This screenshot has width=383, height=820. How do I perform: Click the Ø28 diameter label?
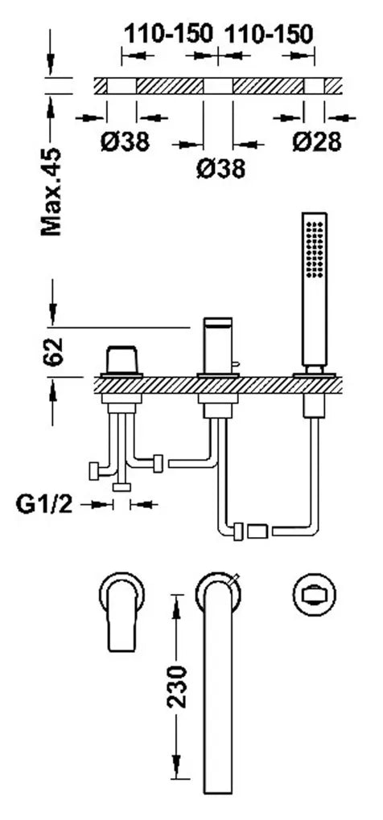[x=316, y=141]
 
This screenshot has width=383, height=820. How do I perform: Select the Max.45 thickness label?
[x=51, y=191]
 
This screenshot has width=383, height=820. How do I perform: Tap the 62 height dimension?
[x=52, y=351]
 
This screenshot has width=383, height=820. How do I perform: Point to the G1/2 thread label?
[x=44, y=505]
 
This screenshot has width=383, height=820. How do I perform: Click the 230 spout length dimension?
[x=177, y=687]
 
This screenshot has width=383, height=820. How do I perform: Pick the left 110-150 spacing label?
[x=168, y=34]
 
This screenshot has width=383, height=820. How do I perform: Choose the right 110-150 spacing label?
[x=269, y=34]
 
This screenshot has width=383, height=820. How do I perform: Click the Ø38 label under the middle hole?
[x=220, y=169]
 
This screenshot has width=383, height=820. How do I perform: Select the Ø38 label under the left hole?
[x=125, y=141]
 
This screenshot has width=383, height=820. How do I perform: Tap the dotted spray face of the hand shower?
[x=315, y=248]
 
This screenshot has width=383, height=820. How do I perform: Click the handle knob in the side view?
[x=121, y=359]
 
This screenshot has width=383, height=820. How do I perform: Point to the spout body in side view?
[x=218, y=345]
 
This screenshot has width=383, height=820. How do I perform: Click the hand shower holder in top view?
[x=314, y=594]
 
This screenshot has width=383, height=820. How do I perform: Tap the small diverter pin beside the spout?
[x=236, y=363]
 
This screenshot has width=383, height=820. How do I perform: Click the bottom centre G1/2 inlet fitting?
[x=121, y=487]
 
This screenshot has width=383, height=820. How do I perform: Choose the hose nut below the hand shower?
[x=314, y=407]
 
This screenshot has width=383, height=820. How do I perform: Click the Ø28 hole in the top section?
[x=314, y=86]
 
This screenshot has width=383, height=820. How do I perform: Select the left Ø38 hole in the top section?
[x=121, y=86]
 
